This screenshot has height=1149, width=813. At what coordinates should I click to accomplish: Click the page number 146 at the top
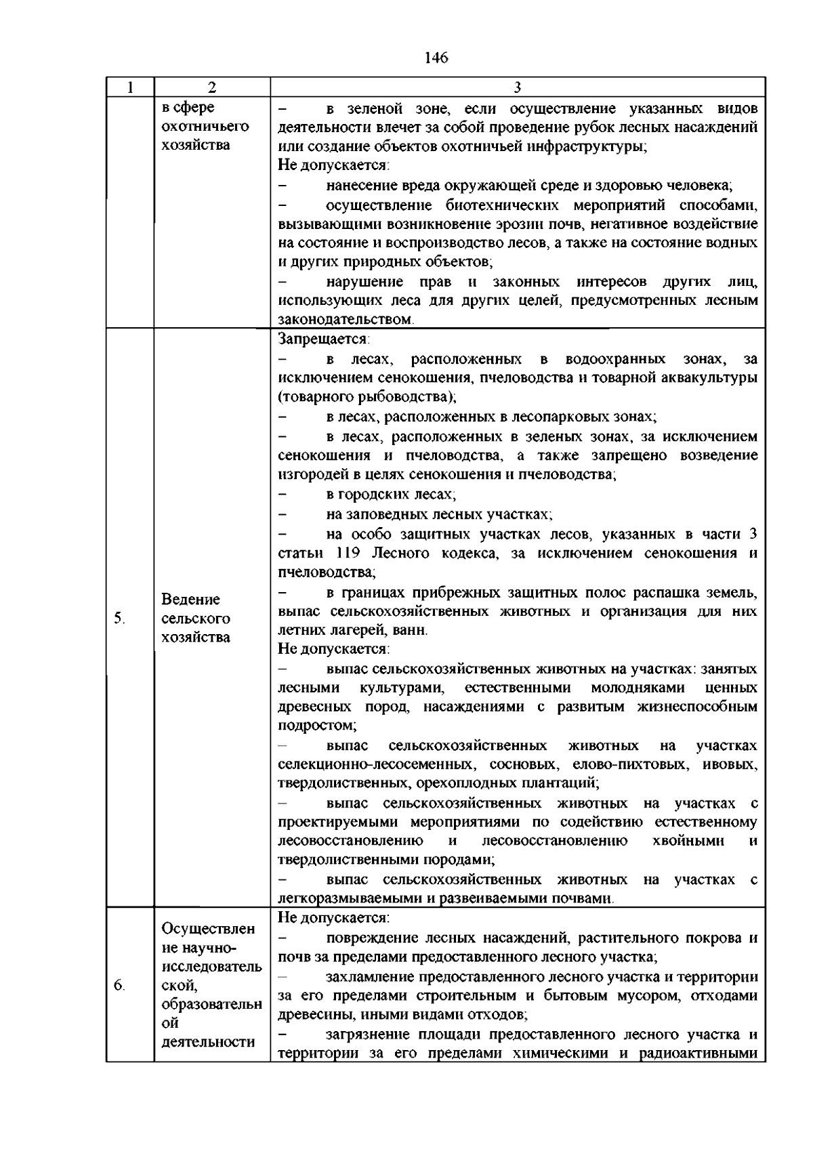[436, 58]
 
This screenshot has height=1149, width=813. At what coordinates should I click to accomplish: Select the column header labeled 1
[130, 87]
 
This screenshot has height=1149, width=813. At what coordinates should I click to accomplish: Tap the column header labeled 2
[212, 87]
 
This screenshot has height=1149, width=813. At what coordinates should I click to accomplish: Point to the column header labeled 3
[518, 87]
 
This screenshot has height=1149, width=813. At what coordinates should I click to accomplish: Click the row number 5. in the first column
[119, 618]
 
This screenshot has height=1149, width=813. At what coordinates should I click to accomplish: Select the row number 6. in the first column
[119, 986]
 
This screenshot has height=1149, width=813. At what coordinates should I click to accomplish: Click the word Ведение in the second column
[191, 600]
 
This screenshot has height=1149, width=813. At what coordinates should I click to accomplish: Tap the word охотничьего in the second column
[205, 126]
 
